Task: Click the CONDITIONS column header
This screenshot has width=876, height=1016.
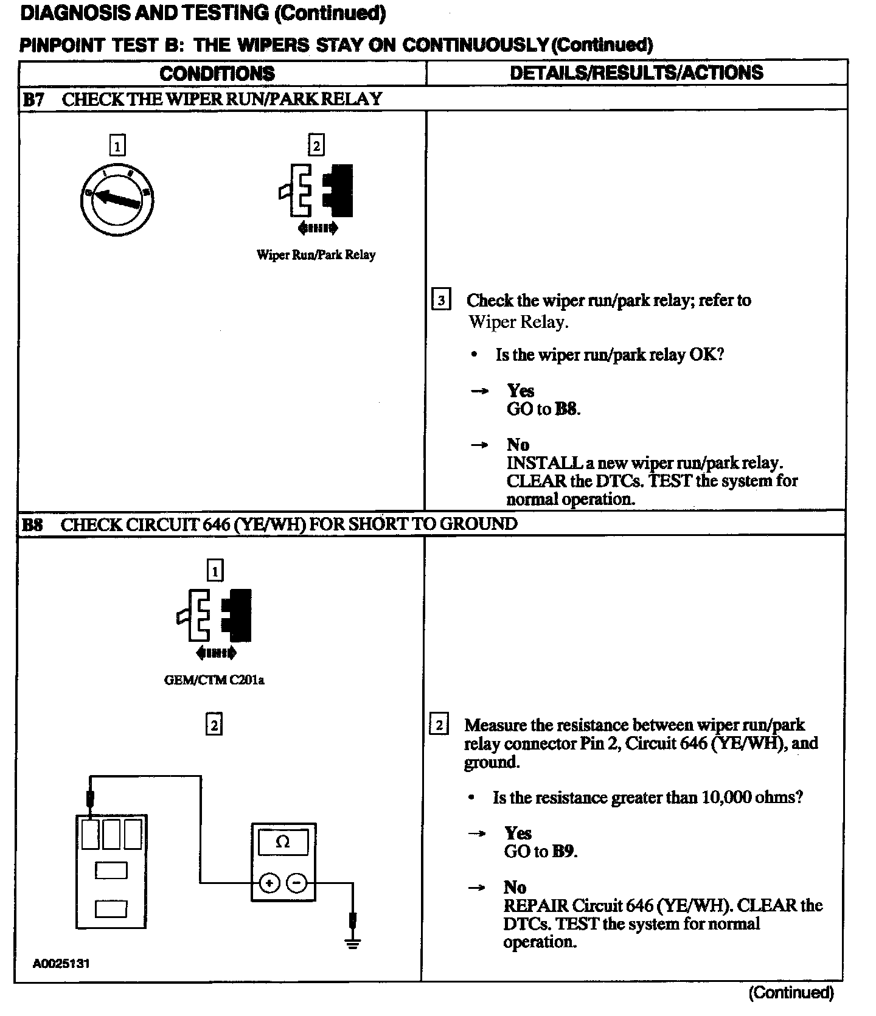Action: (x=217, y=74)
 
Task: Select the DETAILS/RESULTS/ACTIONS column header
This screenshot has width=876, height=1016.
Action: (x=636, y=72)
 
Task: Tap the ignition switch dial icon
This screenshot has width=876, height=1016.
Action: (x=117, y=199)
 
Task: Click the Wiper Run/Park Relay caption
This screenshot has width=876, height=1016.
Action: (x=316, y=255)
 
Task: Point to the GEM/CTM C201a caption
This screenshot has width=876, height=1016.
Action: (x=214, y=680)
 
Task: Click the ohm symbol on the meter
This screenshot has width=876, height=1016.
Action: (x=283, y=842)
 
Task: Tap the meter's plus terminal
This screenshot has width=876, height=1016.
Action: (x=269, y=883)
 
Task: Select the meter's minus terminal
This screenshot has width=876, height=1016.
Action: (x=296, y=883)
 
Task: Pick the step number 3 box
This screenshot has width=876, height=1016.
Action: (x=441, y=301)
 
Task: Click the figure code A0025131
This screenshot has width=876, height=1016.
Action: (x=61, y=964)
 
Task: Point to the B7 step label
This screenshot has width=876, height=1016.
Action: (x=33, y=99)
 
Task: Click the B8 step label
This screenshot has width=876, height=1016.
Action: (x=33, y=524)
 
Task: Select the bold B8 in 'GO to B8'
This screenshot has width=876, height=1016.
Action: (x=566, y=409)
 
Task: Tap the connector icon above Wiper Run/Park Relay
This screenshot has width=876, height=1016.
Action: (x=316, y=190)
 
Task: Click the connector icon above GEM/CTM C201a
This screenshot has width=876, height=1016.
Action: (x=214, y=616)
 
